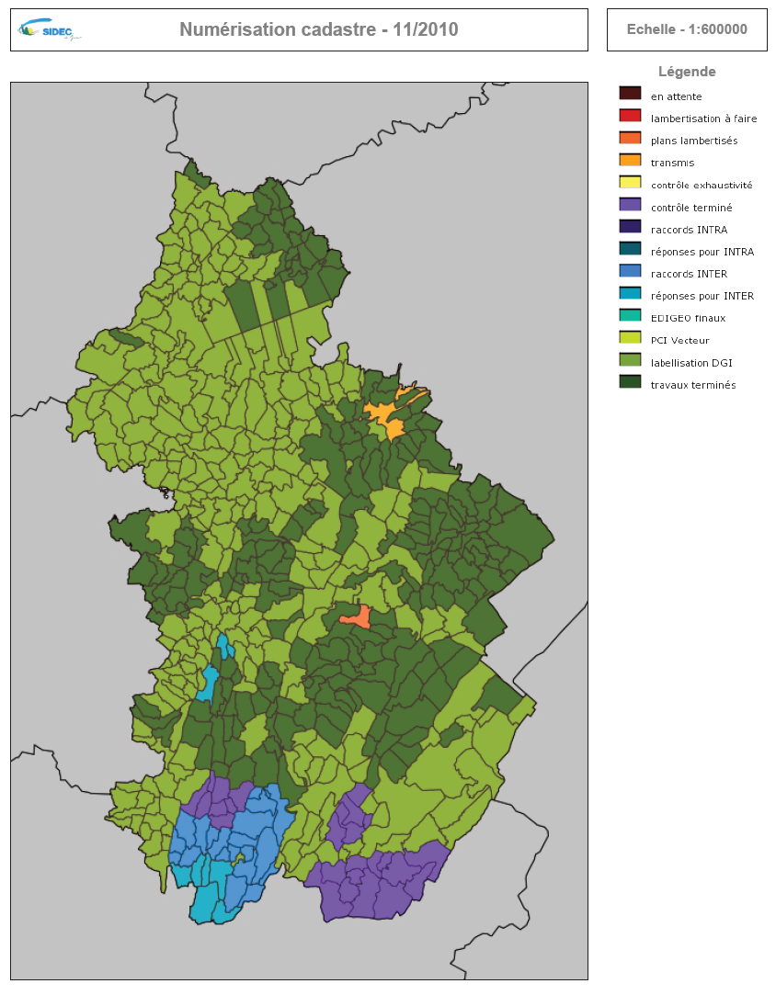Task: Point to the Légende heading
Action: (687, 72)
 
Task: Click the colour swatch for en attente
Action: (630, 94)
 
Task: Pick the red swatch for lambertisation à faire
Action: (630, 116)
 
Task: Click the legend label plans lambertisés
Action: (693, 141)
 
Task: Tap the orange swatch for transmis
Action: (630, 160)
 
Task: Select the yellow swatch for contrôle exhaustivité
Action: (630, 183)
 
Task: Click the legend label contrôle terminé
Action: (690, 208)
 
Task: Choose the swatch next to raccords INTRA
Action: (630, 227)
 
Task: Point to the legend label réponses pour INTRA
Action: (702, 252)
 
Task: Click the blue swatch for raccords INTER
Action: (630, 271)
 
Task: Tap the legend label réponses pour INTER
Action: (702, 296)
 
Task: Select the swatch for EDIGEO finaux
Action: (630, 316)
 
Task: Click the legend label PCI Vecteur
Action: (679, 341)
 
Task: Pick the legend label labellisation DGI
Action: (690, 363)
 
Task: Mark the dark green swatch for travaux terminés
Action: (630, 382)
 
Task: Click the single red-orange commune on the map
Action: (358, 616)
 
